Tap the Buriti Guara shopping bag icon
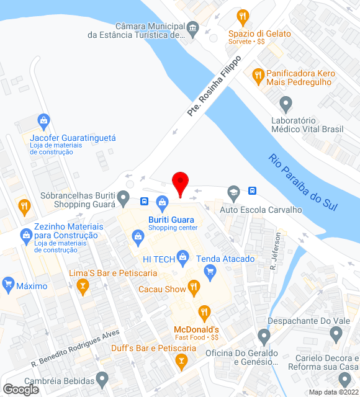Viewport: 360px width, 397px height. coord(163,201)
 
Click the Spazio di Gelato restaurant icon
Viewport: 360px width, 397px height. coord(243,16)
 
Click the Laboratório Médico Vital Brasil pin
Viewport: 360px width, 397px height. coord(286,103)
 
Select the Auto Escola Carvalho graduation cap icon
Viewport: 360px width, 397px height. coord(233,192)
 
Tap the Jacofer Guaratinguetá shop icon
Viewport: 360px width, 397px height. coord(43,120)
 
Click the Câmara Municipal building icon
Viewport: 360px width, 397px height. coord(193,28)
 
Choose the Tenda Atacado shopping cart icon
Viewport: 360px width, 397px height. coord(210,270)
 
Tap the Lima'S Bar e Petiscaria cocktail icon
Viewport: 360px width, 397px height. coord(81,285)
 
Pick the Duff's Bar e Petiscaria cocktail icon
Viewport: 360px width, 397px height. coord(181,361)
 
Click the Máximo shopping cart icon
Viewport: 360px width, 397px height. coord(8,285)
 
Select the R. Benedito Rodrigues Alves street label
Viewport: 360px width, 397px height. coord(75,350)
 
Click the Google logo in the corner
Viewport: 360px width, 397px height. coord(20,390)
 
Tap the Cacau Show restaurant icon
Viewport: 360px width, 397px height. coord(194,287)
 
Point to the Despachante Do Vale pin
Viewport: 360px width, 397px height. coord(263,337)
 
